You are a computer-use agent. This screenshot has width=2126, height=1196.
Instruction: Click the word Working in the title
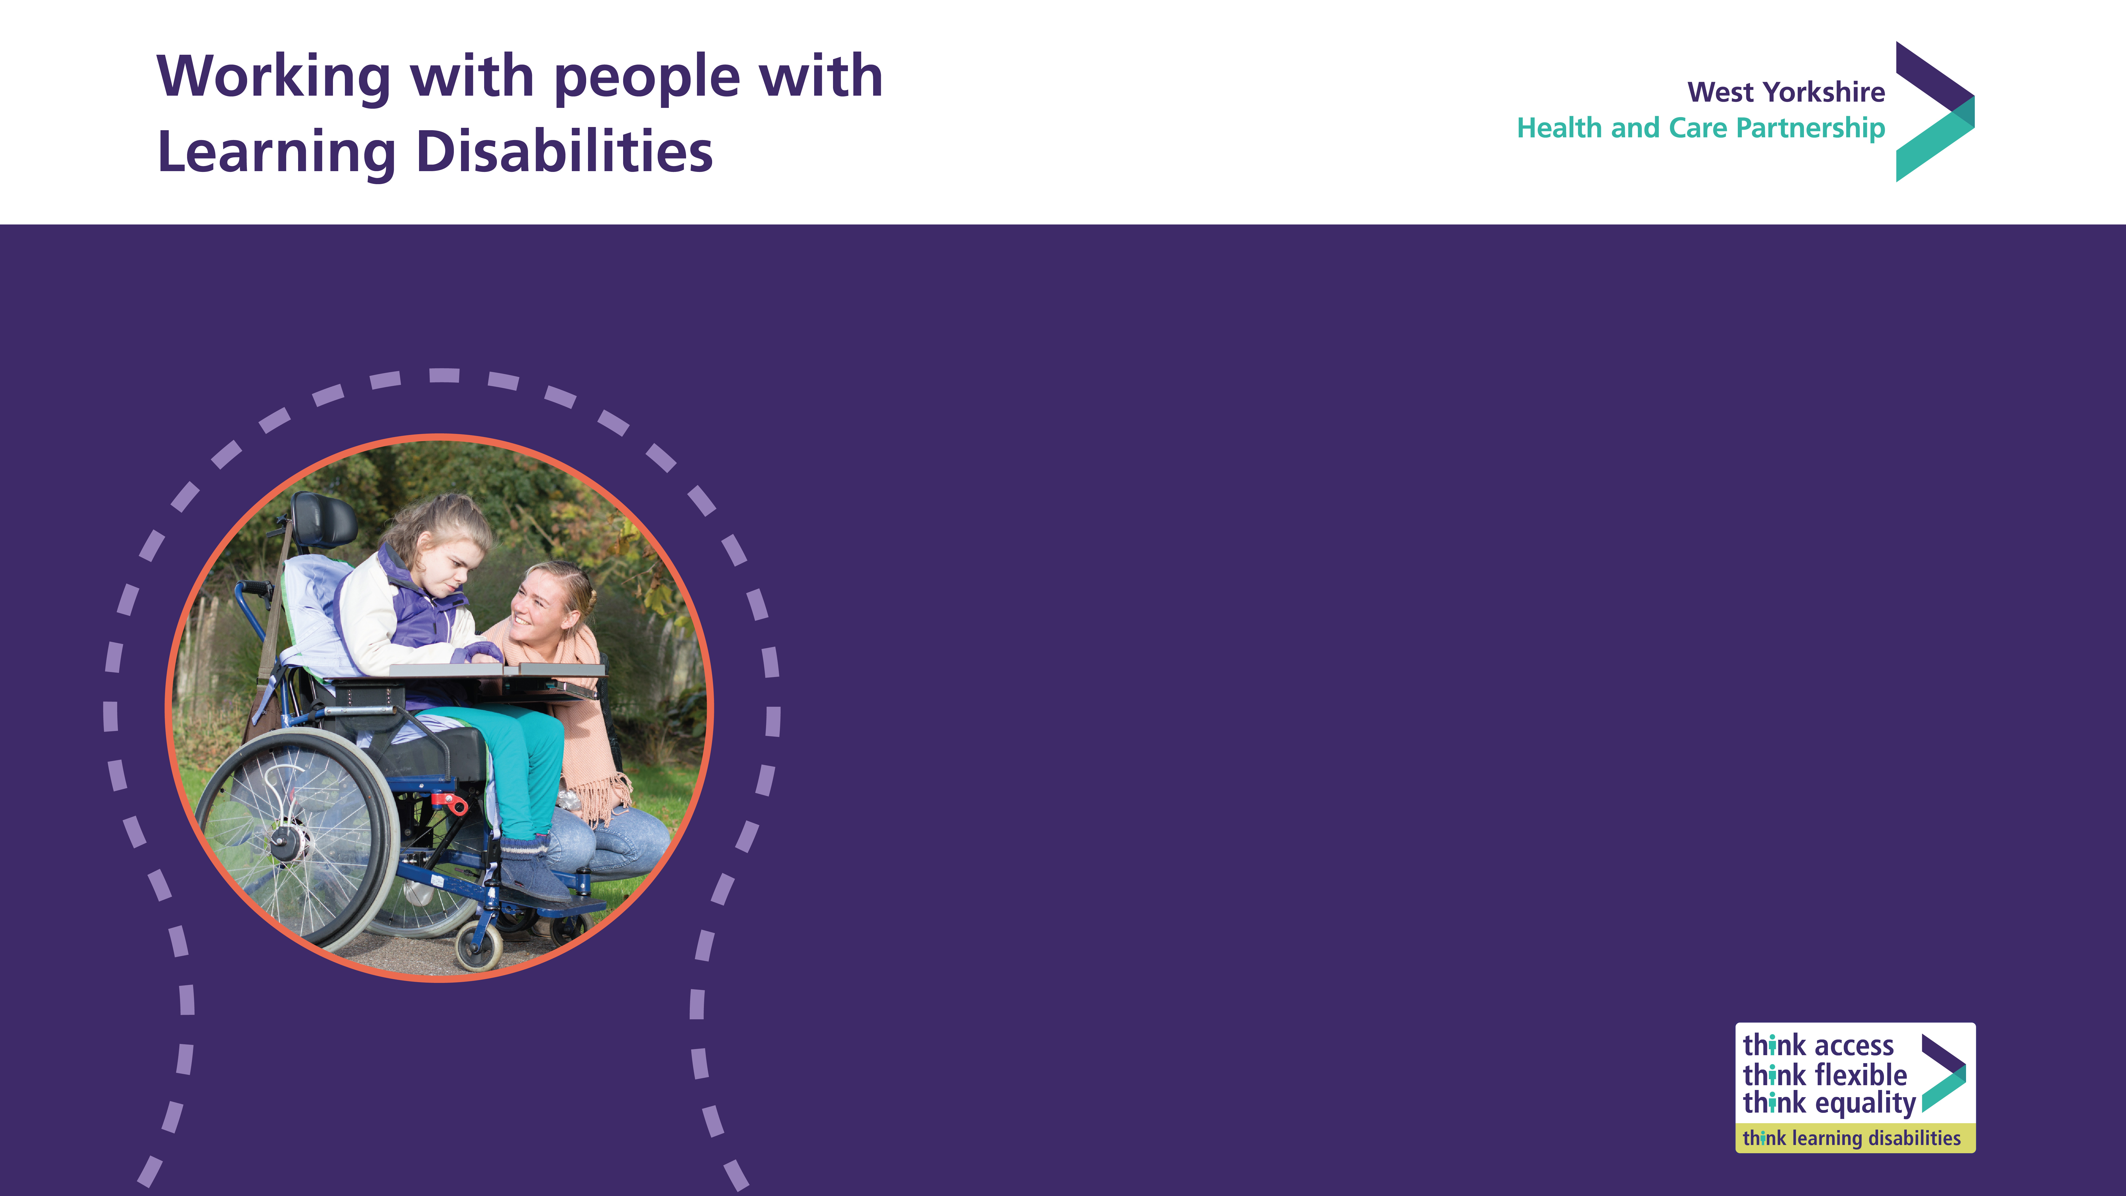click(273, 77)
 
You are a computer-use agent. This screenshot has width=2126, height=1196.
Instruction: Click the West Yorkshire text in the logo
click(1786, 92)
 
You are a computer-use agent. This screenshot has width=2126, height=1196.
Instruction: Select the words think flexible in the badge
click(1825, 1075)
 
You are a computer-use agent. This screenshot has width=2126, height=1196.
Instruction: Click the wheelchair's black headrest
click(324, 520)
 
